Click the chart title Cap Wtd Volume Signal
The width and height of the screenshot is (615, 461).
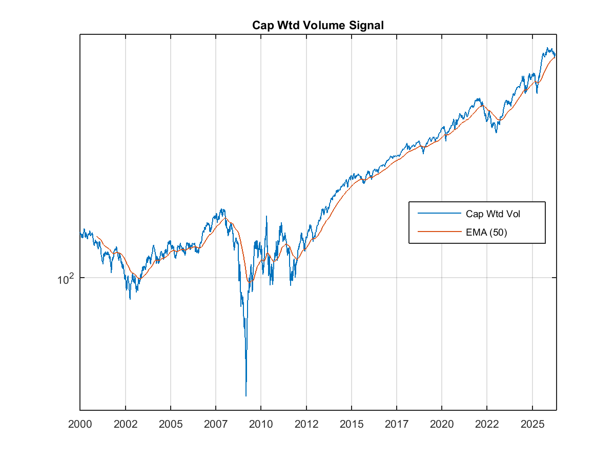tap(318, 25)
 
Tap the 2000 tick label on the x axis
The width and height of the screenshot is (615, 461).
tap(80, 424)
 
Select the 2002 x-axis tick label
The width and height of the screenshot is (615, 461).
tap(125, 424)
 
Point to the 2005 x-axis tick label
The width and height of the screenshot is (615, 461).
tap(170, 424)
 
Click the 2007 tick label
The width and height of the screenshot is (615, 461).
tap(216, 424)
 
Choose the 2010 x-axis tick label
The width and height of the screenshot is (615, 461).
tap(261, 424)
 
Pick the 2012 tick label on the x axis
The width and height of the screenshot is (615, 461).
tap(306, 424)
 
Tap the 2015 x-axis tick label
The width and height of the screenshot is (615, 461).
tap(352, 424)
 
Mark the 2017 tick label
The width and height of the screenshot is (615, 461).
tap(397, 424)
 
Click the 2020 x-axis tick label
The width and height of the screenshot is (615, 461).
tap(442, 424)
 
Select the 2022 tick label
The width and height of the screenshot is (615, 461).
tap(487, 424)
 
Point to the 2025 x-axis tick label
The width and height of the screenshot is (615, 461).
tap(532, 424)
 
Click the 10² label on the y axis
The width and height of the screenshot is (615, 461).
tap(66, 279)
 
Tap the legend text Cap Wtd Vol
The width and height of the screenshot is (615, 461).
tap(493, 213)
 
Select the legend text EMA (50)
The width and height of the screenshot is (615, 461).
tap(486, 232)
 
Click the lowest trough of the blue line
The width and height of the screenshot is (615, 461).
tap(246, 395)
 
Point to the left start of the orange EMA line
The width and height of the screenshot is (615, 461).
tap(97, 236)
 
